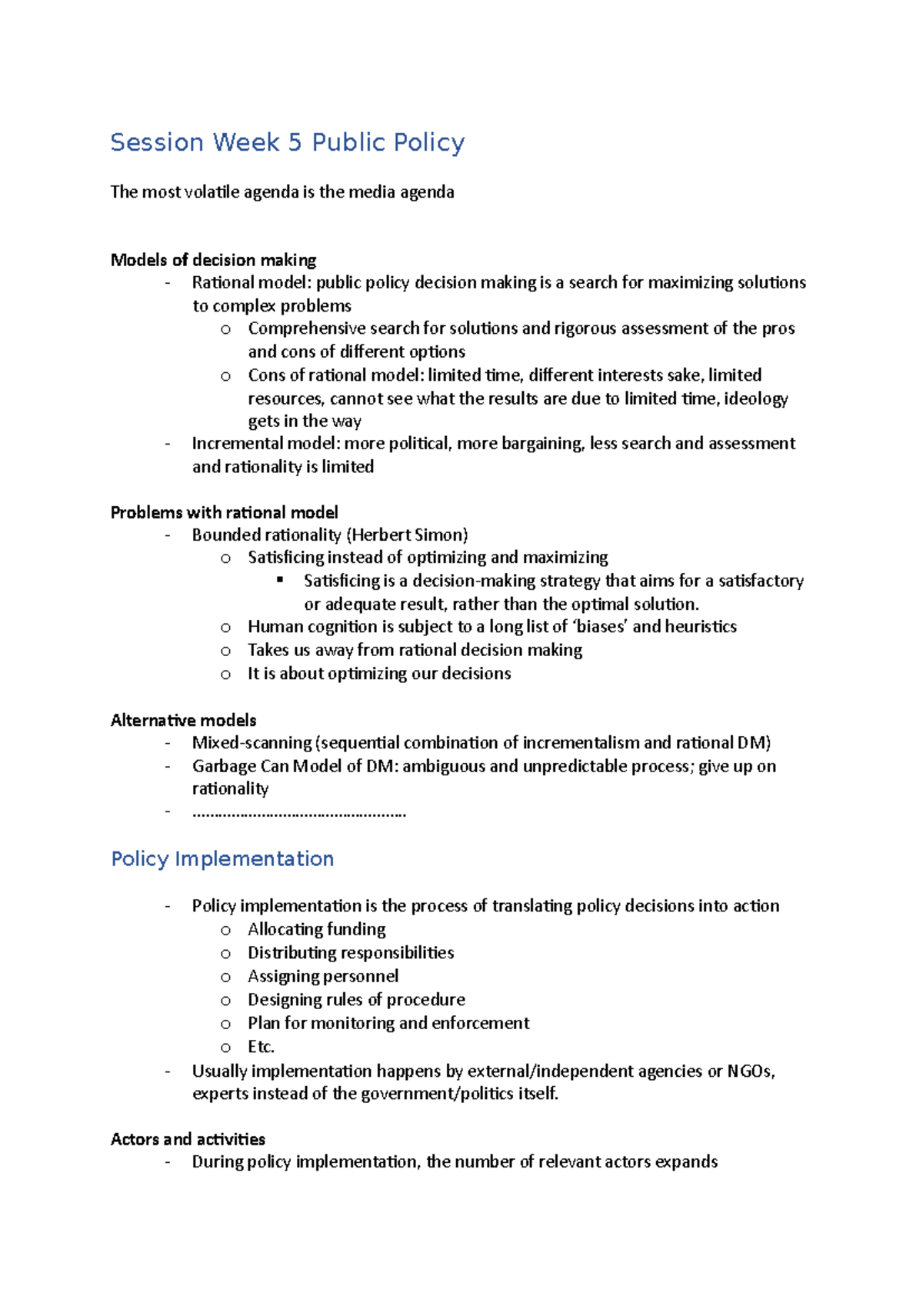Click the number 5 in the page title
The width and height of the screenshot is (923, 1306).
[295, 143]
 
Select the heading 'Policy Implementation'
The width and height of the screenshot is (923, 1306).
[222, 859]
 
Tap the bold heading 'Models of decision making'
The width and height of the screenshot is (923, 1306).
[213, 260]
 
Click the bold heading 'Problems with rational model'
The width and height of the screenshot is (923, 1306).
[224, 512]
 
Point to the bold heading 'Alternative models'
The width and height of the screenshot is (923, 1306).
[183, 720]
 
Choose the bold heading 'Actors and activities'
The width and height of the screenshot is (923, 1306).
[188, 1139]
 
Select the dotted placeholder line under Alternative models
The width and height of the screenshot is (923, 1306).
[298, 812]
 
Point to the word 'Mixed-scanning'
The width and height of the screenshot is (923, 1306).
[252, 743]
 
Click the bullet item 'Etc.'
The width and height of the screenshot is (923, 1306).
[261, 1047]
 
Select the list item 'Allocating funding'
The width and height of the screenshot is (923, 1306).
[316, 929]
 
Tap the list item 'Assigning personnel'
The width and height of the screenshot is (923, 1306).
[323, 976]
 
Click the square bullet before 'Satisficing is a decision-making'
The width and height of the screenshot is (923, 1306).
[281, 580]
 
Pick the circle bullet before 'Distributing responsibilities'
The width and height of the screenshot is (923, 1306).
[225, 954]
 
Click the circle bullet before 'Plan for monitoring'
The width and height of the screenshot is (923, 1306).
[225, 1024]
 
